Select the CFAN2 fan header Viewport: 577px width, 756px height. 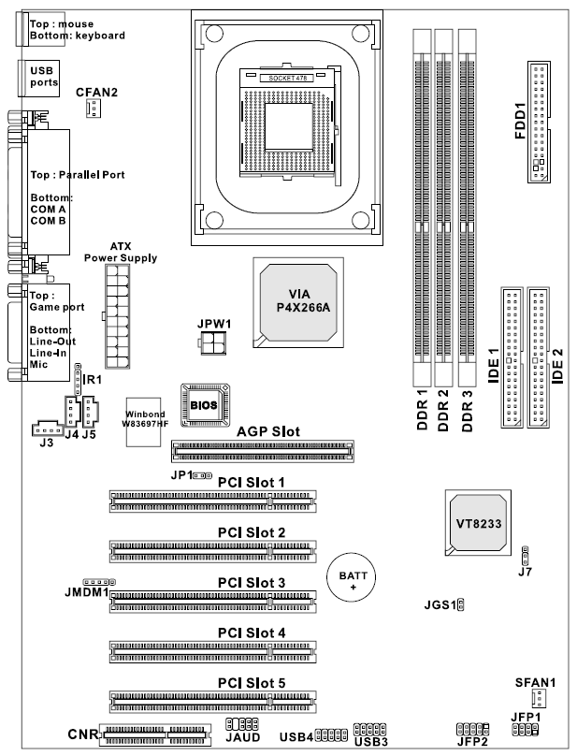tap(93, 109)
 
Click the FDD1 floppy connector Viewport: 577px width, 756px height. tap(540, 122)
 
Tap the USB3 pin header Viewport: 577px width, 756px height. tap(368, 730)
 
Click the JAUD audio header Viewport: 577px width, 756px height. tap(241, 725)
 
